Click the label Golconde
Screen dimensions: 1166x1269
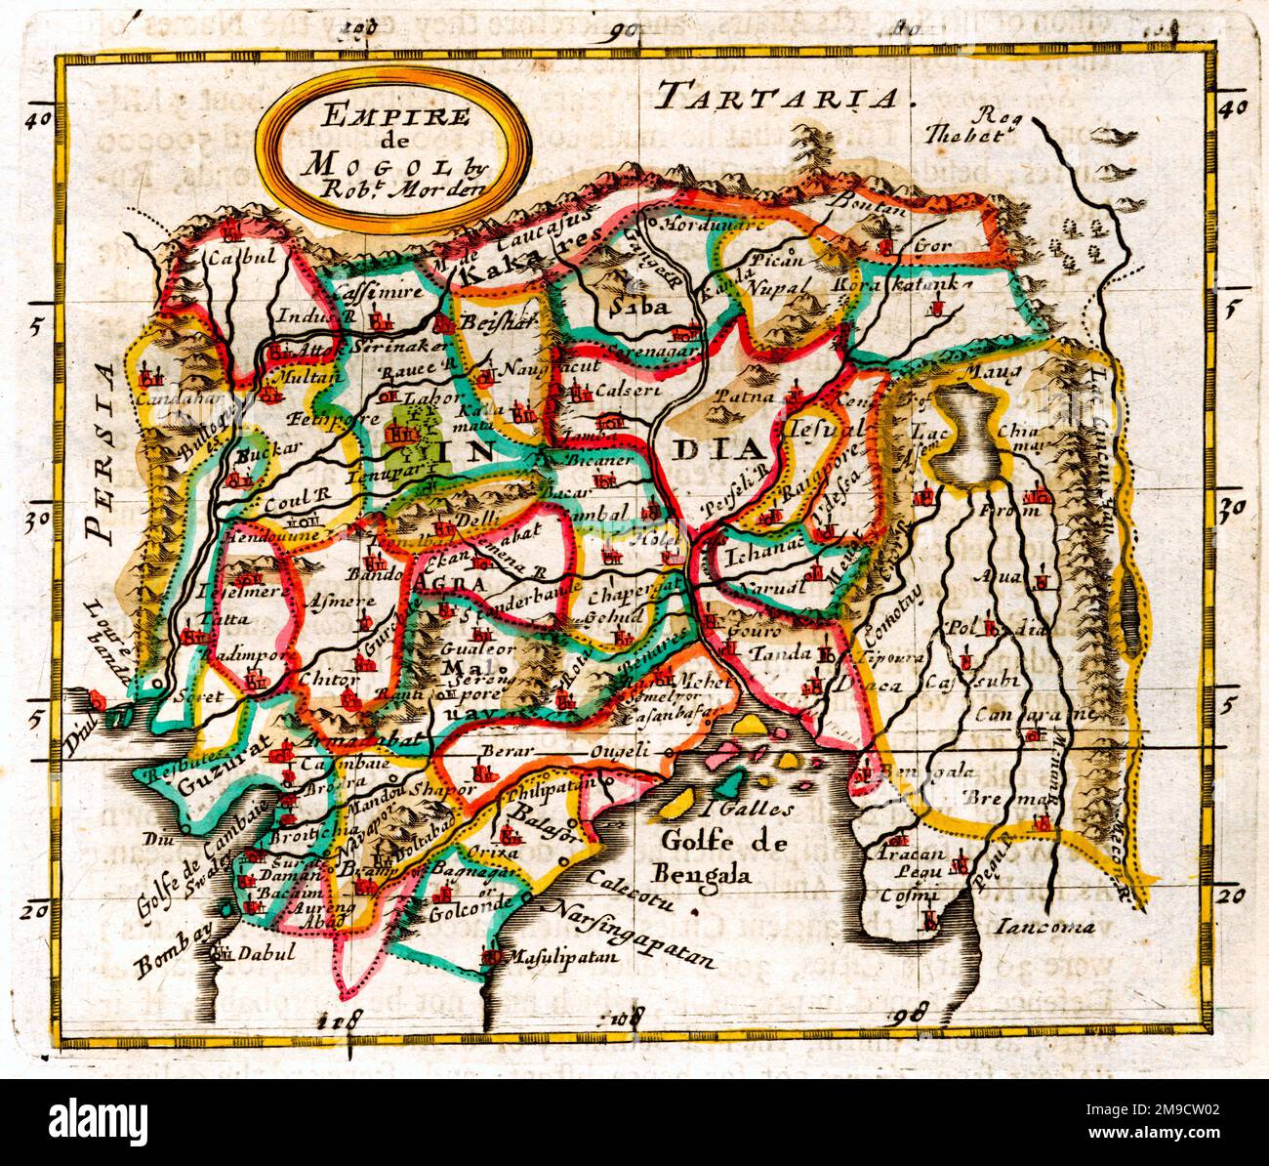(x=462, y=917)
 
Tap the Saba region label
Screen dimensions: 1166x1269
(x=636, y=307)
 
